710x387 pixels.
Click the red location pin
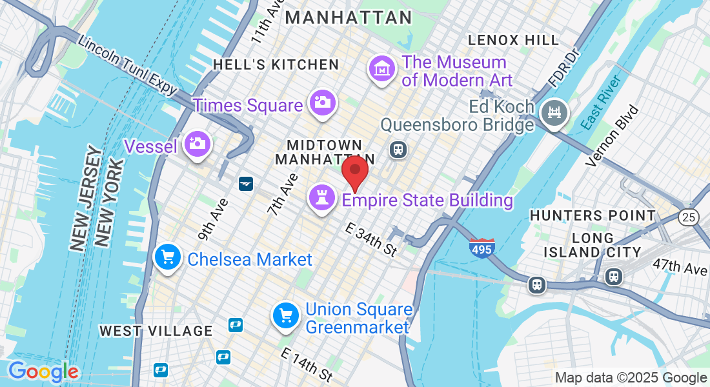[354, 171]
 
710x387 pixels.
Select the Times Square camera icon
[321, 103]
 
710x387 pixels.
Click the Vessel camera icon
[197, 144]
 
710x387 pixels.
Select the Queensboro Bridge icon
[554, 114]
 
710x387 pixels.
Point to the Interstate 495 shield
[482, 248]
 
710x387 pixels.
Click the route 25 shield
[689, 217]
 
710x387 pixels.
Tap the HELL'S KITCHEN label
[276, 64]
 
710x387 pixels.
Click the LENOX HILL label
[514, 40]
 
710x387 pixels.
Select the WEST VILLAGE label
[156, 331]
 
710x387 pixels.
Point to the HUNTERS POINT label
[593, 215]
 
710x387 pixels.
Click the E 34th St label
[372, 239]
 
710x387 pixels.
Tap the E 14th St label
[307, 364]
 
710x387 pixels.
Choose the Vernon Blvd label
[611, 136]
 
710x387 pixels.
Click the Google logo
[43, 372]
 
